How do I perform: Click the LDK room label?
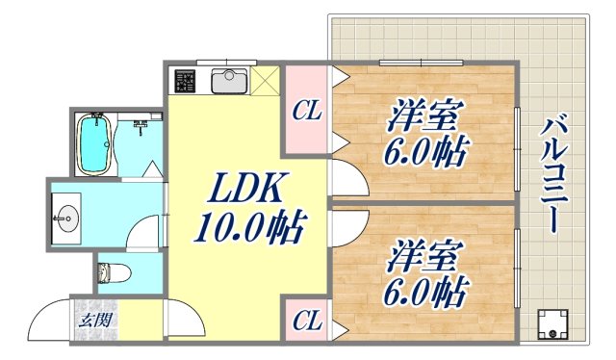tap(240, 188)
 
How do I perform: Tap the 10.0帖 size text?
tap(249, 228)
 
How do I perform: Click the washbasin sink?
tap(68, 218)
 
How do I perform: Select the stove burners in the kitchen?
tap(183, 82)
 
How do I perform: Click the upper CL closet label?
tap(308, 113)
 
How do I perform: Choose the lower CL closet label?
tap(306, 319)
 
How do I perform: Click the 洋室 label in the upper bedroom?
tap(423, 115)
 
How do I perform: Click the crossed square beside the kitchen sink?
tap(269, 81)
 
